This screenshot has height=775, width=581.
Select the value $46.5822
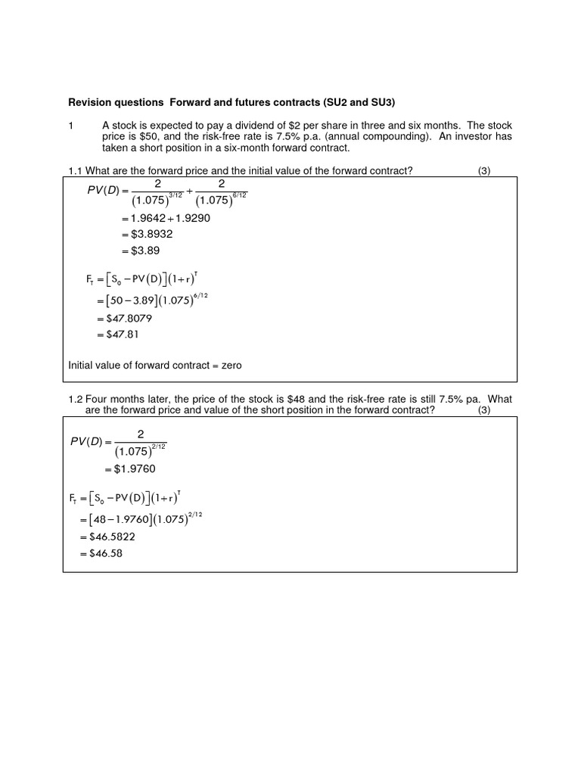[111, 537]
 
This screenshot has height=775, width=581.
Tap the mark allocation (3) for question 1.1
[484, 170]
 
